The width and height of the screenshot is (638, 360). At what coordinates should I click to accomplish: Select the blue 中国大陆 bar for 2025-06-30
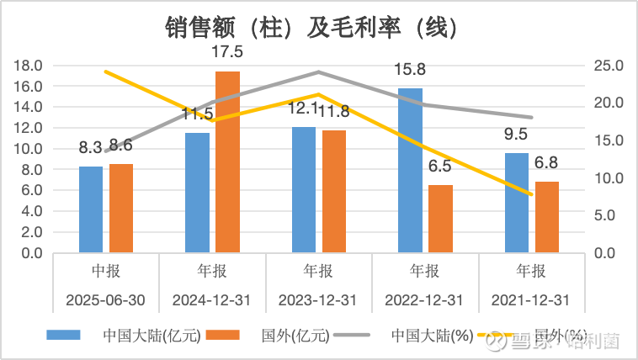point(91,209)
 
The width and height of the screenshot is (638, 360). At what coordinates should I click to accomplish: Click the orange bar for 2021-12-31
point(547,217)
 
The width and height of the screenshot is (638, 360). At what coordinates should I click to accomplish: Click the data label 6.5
point(440,167)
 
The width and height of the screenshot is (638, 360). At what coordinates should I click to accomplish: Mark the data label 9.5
point(516,135)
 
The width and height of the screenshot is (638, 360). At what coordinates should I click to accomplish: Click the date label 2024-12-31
point(212,300)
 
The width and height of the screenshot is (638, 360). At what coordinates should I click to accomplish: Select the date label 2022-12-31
point(424,300)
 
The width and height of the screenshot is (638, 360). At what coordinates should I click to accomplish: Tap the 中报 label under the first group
point(106,272)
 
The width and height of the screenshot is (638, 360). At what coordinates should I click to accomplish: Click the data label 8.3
point(91,147)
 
